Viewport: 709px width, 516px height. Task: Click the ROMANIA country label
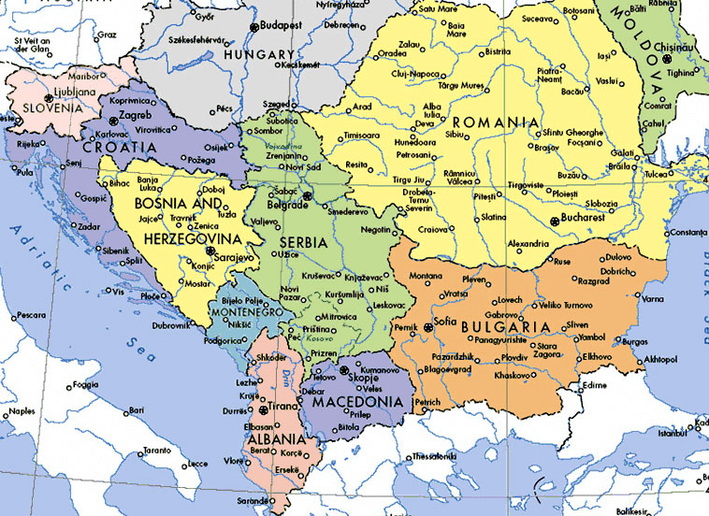pos(496,122)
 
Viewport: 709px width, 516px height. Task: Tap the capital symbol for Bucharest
pos(556,221)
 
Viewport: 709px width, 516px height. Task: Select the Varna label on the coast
pos(652,299)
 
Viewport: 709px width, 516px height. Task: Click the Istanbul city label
pos(671,434)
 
